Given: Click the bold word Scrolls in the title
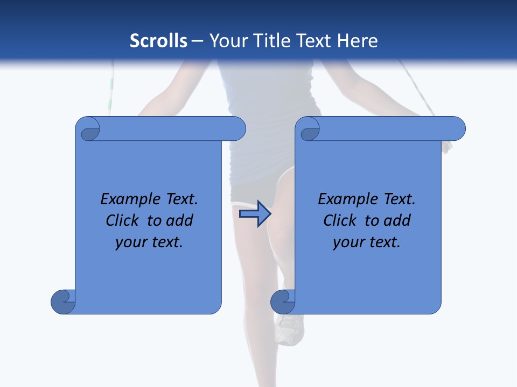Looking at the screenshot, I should coord(159,41).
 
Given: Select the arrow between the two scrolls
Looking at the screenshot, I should coord(255,214).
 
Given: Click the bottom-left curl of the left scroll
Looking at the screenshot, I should coord(63,302).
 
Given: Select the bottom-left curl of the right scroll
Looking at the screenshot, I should coord(283,302).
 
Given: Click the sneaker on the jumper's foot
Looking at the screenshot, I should coord(290,328).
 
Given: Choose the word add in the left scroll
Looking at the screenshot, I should coord(179,220).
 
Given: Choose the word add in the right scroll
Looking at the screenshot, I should coord(397,220).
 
